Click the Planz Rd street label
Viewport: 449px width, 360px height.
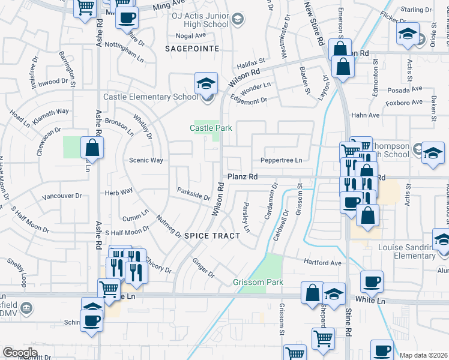pos(242,177)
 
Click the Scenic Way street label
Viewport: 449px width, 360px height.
pos(146,160)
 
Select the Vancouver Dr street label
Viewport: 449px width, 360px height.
pos(62,196)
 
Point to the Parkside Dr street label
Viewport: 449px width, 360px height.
pos(193,194)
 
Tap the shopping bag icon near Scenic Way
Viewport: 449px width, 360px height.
pos(92,148)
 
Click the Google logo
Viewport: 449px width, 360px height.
pos(20,352)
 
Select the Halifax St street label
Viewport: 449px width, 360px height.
pos(250,62)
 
